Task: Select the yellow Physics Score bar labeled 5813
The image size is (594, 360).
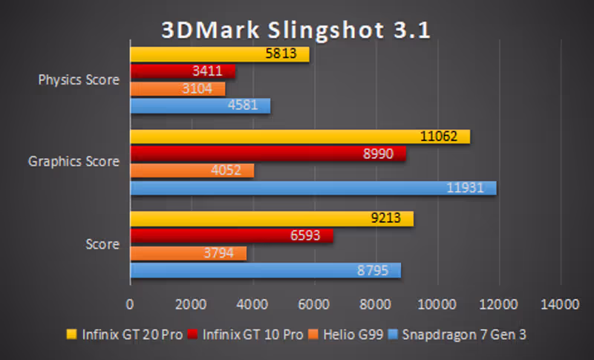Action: point(220,54)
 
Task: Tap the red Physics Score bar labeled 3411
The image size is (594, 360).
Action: point(183,71)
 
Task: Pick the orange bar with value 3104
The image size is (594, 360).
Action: point(177,88)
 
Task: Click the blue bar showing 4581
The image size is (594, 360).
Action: point(200,105)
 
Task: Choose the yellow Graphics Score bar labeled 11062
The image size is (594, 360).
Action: point(300,137)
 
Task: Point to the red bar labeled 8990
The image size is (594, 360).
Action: point(268,154)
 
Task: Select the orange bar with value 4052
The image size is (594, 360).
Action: point(192,171)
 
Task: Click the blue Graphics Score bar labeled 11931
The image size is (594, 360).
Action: point(313,188)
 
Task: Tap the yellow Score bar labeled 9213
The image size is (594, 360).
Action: point(272,219)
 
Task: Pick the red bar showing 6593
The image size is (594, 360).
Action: point(232,236)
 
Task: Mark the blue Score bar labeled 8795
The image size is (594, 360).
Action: point(266,270)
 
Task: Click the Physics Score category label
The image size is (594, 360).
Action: point(79,80)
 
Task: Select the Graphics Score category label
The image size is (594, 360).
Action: point(74,161)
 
